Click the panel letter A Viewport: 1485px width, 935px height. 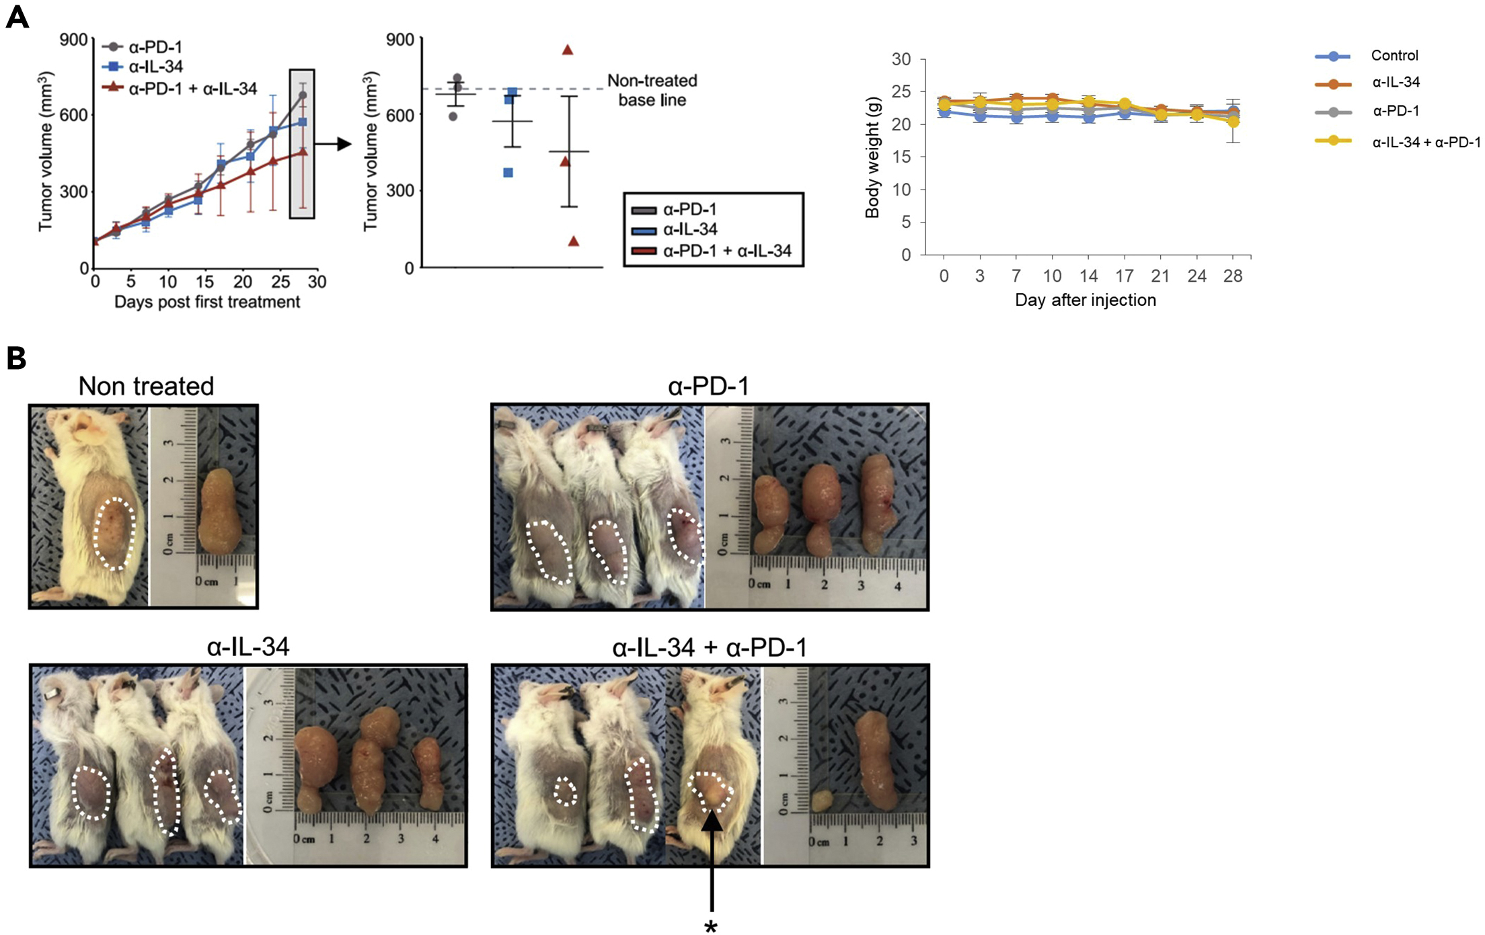coord(17,17)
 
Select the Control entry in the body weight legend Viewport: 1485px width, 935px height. coord(1394,56)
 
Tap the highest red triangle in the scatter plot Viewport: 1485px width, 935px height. coord(568,50)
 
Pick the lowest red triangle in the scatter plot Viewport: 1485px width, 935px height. coord(573,241)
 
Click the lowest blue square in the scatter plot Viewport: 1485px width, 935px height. coord(508,173)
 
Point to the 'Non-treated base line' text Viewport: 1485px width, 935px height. coord(652,91)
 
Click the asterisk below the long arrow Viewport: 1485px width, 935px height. coord(711,927)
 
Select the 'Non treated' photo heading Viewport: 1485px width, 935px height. coord(146,386)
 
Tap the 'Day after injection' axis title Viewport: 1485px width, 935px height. coord(1085,300)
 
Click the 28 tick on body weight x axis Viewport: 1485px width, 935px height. coord(1232,276)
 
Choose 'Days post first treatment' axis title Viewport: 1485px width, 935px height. coord(206,302)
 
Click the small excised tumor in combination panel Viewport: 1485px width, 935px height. coord(821,801)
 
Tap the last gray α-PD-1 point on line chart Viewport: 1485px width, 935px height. coord(303,95)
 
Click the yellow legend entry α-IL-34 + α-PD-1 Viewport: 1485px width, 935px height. coord(1425,142)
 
